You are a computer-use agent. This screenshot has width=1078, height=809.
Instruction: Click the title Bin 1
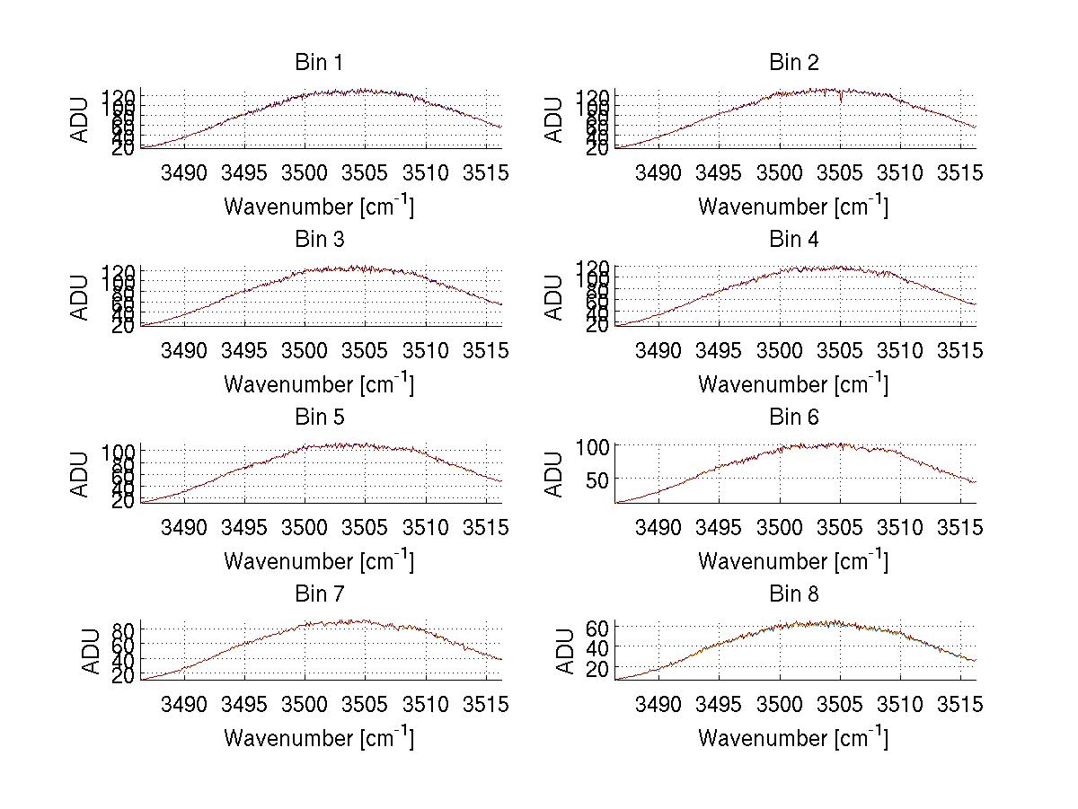click(x=319, y=63)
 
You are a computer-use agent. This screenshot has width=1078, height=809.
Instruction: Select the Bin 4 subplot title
click(x=794, y=240)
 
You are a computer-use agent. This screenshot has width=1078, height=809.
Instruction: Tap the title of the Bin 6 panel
click(x=794, y=418)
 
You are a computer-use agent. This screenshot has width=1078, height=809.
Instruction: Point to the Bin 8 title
click(x=794, y=594)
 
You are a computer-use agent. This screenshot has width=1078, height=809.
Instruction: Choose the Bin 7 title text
click(x=319, y=594)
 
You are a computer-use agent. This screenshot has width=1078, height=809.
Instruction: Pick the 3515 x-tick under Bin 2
click(x=961, y=173)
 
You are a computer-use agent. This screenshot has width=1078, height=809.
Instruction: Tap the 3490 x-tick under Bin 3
click(x=184, y=350)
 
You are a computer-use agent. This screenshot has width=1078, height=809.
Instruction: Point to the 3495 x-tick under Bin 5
click(x=244, y=527)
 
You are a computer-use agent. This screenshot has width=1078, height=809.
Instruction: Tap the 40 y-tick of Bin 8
click(x=597, y=648)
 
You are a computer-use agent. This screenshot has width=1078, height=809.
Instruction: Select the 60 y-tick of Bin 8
click(x=597, y=627)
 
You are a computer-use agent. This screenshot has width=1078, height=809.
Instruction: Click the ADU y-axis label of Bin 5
click(x=81, y=473)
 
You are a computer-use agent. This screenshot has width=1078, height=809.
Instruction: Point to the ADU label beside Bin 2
click(x=555, y=119)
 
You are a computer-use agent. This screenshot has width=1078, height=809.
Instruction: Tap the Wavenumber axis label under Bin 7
click(x=319, y=737)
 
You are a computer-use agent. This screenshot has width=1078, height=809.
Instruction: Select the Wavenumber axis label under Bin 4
click(x=794, y=383)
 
